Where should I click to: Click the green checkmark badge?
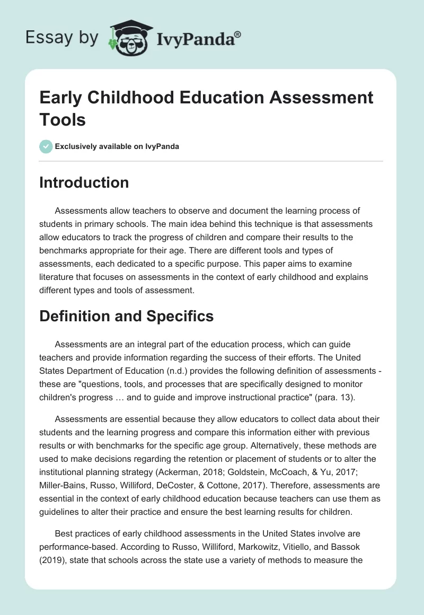point(46,146)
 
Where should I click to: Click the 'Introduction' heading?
point(84,182)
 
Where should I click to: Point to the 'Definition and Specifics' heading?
point(127,317)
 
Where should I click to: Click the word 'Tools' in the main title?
point(63,119)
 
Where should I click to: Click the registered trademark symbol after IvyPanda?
point(238,34)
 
